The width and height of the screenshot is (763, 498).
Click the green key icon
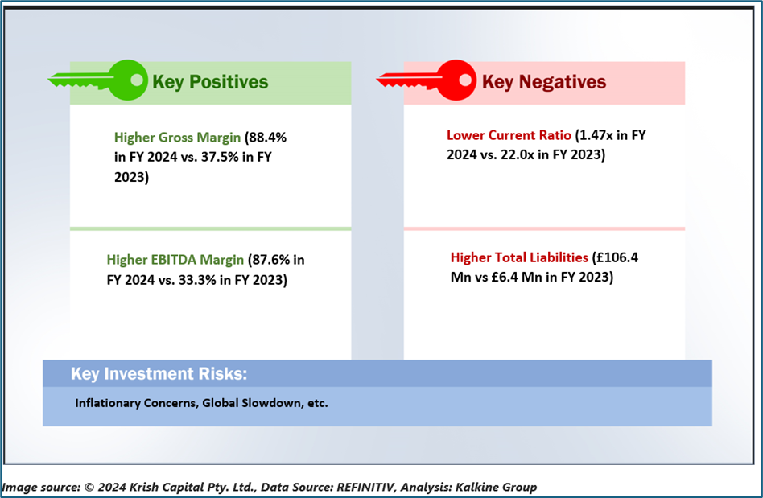click(x=97, y=80)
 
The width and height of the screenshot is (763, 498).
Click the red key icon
click(x=427, y=80)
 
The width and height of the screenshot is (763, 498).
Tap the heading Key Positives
click(x=210, y=82)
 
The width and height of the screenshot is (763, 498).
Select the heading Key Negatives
click(x=544, y=82)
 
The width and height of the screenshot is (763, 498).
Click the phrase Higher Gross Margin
click(x=177, y=138)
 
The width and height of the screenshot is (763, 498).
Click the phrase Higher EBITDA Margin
click(x=175, y=260)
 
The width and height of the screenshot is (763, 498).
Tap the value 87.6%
click(x=271, y=260)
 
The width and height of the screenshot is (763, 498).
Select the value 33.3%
click(x=197, y=280)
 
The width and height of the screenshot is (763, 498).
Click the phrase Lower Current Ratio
click(x=509, y=135)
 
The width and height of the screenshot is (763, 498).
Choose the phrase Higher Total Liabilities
click(x=519, y=257)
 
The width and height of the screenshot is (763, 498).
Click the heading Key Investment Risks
click(x=159, y=373)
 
